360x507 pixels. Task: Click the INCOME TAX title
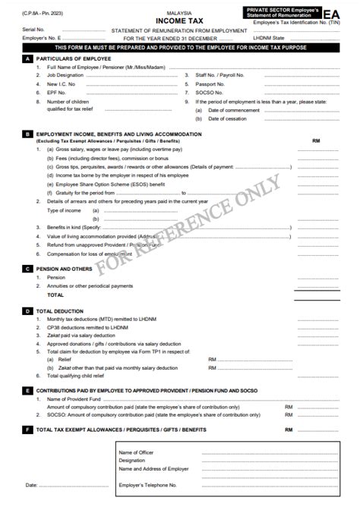tap(180, 20)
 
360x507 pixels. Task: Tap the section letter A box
tap(28, 58)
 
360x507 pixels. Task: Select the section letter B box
tap(28, 134)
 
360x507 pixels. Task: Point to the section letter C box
tap(28, 269)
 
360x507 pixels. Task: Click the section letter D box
tap(28, 311)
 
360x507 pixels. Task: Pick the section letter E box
tap(28, 389)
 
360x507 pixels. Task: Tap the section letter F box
tap(28, 430)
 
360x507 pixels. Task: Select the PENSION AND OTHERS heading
tap(65, 269)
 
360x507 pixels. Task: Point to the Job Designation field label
tap(65, 76)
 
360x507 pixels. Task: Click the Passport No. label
tap(210, 84)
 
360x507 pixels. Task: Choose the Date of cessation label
tap(227, 118)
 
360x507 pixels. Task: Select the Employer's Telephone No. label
tap(148, 484)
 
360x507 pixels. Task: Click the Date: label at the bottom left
tap(32, 484)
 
